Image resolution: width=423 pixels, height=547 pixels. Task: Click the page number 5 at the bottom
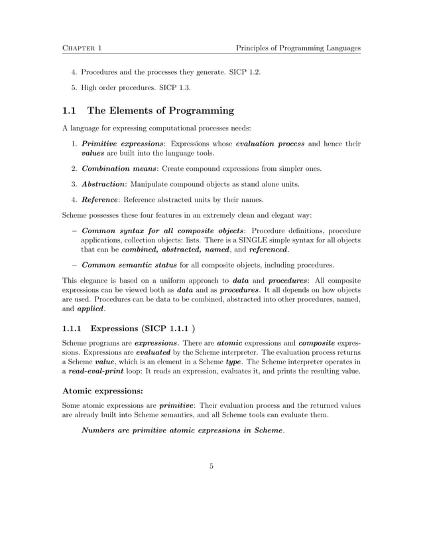pyautogui.click(x=211, y=466)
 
